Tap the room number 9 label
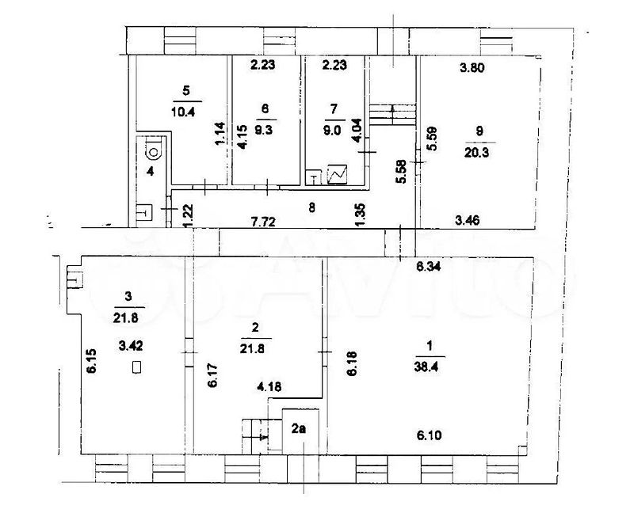pyautogui.click(x=480, y=131)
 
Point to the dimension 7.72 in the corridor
pyautogui.click(x=263, y=222)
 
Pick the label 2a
pyautogui.click(x=299, y=428)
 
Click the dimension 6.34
pyautogui.click(x=430, y=267)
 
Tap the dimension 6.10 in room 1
pyautogui.click(x=430, y=435)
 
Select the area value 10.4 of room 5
pyautogui.click(x=183, y=111)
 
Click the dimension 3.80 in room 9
pyautogui.click(x=472, y=67)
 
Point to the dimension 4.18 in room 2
pyautogui.click(x=269, y=387)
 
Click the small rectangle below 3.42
pyautogui.click(x=136, y=367)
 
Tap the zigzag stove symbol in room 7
pyautogui.click(x=338, y=174)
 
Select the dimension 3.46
pyautogui.click(x=468, y=220)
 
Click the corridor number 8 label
pyautogui.click(x=311, y=207)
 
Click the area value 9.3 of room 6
pyautogui.click(x=264, y=130)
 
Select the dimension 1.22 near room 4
pyautogui.click(x=189, y=216)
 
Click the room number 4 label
pyautogui.click(x=151, y=171)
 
